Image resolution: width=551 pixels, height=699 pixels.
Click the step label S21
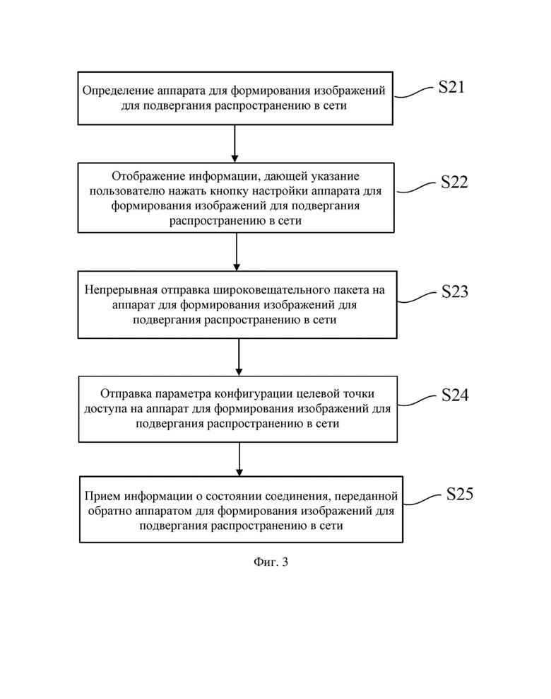[451, 87]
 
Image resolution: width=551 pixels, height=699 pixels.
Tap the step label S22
[454, 182]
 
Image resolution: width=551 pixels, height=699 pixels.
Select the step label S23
[455, 291]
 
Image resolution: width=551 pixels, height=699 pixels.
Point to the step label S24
[455, 395]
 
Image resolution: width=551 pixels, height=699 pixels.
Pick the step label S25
[460, 494]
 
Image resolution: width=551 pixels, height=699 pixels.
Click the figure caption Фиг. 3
[271, 562]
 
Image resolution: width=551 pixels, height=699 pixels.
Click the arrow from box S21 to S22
[235, 144]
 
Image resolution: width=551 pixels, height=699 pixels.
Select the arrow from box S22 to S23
[237, 252]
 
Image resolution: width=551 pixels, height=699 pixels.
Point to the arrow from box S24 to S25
[239, 459]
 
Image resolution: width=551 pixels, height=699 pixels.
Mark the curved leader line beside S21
[413, 92]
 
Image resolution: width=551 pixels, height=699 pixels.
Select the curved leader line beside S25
[422, 499]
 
